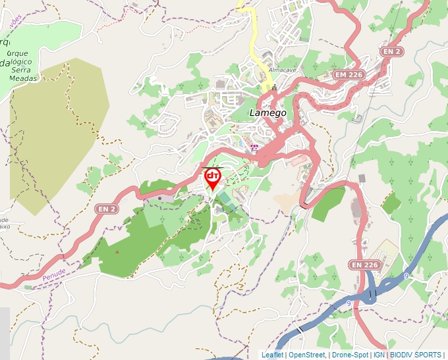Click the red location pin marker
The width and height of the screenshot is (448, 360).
click(x=213, y=178)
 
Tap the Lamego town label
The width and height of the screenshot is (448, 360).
click(x=268, y=113)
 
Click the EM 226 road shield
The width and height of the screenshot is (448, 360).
click(x=349, y=75)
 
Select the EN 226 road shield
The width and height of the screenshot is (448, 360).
click(x=365, y=265)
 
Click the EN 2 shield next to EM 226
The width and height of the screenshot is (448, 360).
click(x=393, y=51)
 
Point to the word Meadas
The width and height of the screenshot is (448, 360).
click(x=23, y=78)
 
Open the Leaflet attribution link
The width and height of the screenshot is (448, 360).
click(x=272, y=355)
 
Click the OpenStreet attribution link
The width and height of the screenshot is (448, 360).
click(x=307, y=355)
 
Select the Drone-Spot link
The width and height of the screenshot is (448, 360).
click(x=350, y=355)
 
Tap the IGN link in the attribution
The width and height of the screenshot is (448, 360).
click(x=379, y=355)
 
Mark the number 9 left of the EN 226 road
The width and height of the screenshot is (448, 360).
click(x=349, y=303)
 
